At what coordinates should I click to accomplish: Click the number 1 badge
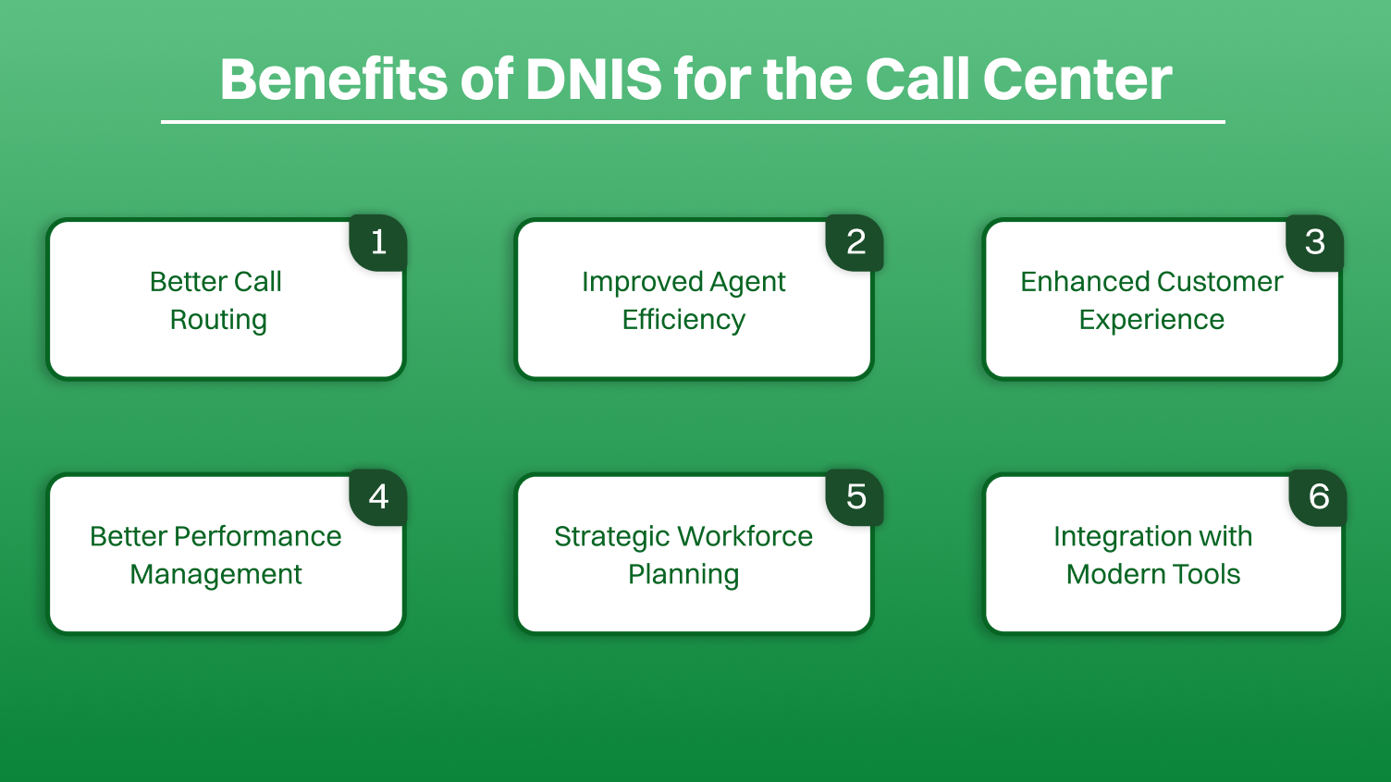tap(378, 242)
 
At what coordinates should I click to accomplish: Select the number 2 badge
tap(856, 242)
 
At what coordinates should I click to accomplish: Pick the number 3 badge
tap(1314, 242)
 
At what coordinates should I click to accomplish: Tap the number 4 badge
tap(378, 497)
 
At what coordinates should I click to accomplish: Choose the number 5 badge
tap(856, 497)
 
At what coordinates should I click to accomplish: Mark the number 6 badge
tap(1318, 497)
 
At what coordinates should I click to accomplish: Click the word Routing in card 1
tap(218, 320)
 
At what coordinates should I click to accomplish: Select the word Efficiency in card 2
tap(683, 320)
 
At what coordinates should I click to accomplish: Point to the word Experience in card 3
tap(1151, 320)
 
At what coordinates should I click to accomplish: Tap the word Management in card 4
tap(215, 574)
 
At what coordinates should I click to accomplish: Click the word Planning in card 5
tap(683, 575)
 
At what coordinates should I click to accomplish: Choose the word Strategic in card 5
tap(611, 537)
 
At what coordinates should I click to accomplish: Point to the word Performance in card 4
tap(257, 536)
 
